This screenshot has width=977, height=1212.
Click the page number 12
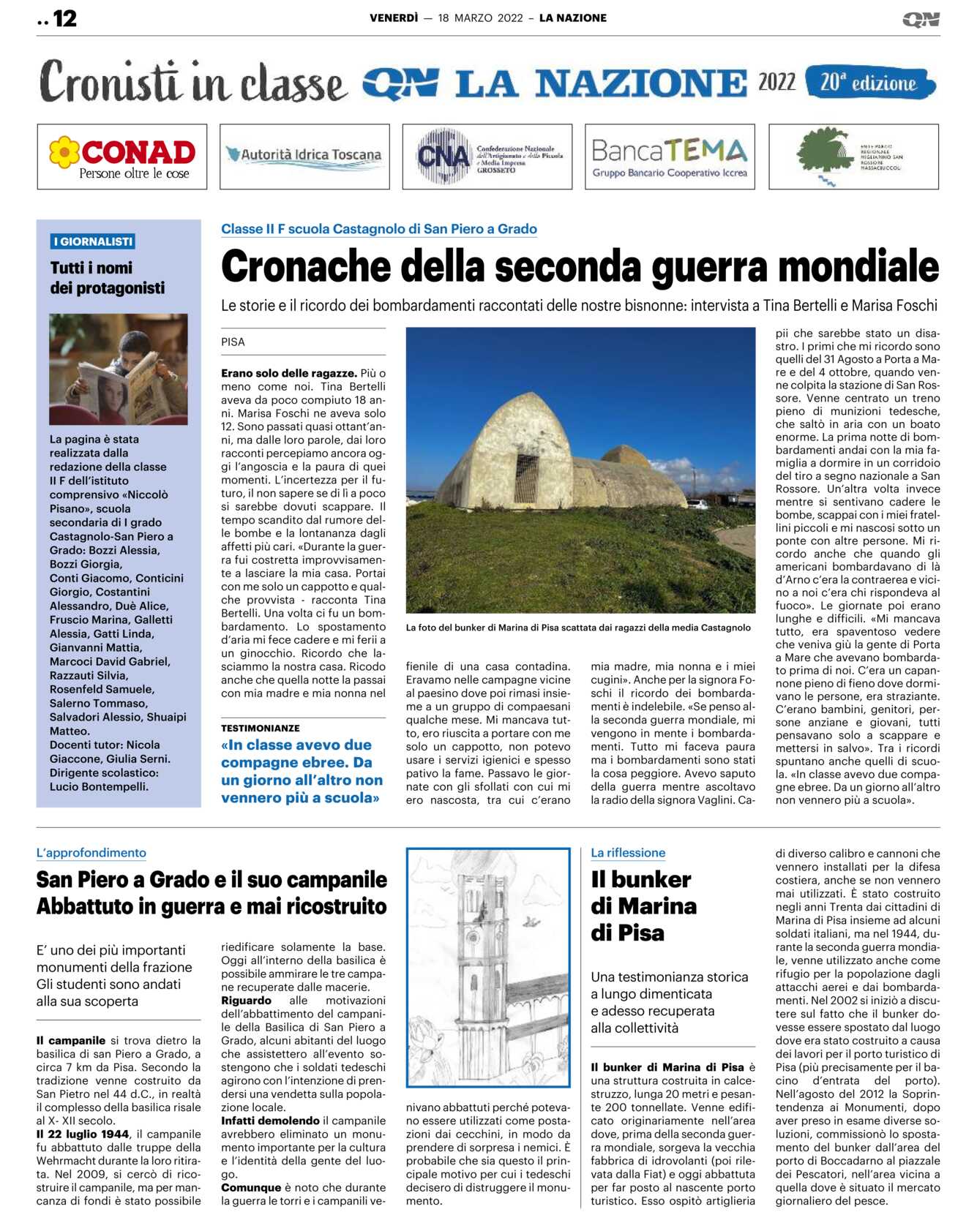point(64,18)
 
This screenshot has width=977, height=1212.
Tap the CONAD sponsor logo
point(122,157)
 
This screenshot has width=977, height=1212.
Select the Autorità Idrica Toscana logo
point(304,156)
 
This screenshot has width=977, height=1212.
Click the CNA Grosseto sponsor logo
point(487,157)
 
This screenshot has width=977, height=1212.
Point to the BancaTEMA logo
point(670,157)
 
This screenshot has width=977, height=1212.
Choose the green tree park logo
point(853,157)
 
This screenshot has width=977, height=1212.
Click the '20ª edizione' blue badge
point(869,83)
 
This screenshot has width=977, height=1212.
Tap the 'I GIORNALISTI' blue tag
point(93,241)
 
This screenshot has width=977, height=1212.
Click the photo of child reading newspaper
point(119,369)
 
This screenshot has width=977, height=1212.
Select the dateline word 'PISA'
point(233,342)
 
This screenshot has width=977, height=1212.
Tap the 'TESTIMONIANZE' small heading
point(260,728)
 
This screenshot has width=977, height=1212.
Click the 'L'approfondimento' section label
point(91,853)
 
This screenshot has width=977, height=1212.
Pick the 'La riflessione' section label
point(628,853)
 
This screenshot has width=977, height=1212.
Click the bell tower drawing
point(488,967)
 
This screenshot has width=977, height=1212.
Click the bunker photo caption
point(578,628)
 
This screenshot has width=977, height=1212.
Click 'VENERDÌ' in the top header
point(394,18)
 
